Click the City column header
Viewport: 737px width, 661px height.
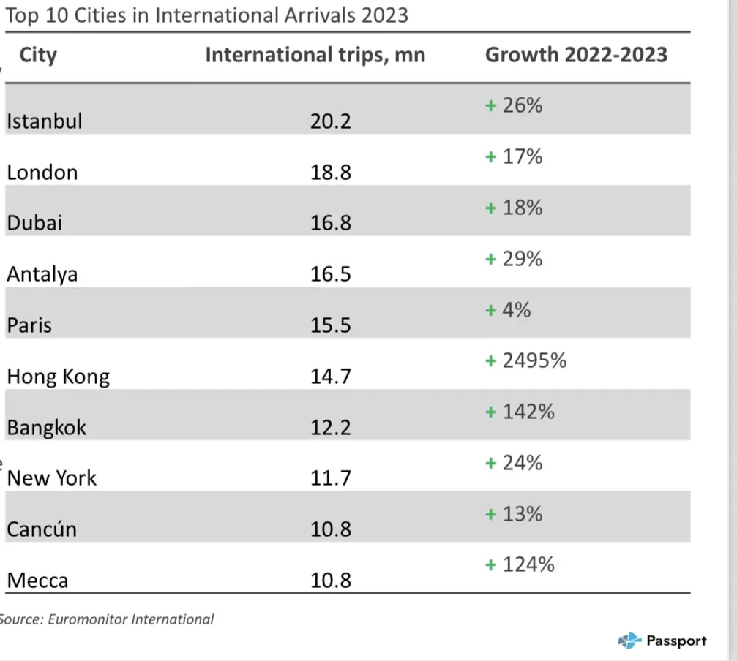click(38, 56)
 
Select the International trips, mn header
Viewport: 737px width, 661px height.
click(315, 56)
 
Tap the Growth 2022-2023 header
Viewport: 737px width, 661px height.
click(576, 56)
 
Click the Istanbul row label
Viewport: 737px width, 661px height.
click(44, 121)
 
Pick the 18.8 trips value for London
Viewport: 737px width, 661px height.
click(331, 172)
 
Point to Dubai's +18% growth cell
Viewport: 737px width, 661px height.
click(515, 208)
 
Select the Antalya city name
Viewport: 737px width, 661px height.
click(42, 274)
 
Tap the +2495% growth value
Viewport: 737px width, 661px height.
click(526, 361)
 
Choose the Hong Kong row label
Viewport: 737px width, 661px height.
click(58, 377)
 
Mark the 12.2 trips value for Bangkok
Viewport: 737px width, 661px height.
click(331, 427)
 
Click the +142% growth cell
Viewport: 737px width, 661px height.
click(520, 412)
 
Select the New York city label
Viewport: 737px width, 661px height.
click(52, 478)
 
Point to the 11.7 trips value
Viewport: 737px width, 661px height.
click(331, 478)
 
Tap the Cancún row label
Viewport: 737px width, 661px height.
click(42, 529)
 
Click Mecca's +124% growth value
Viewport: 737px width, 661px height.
click(520, 565)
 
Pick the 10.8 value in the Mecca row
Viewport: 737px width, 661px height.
click(331, 581)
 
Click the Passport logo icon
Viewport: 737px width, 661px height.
click(629, 641)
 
